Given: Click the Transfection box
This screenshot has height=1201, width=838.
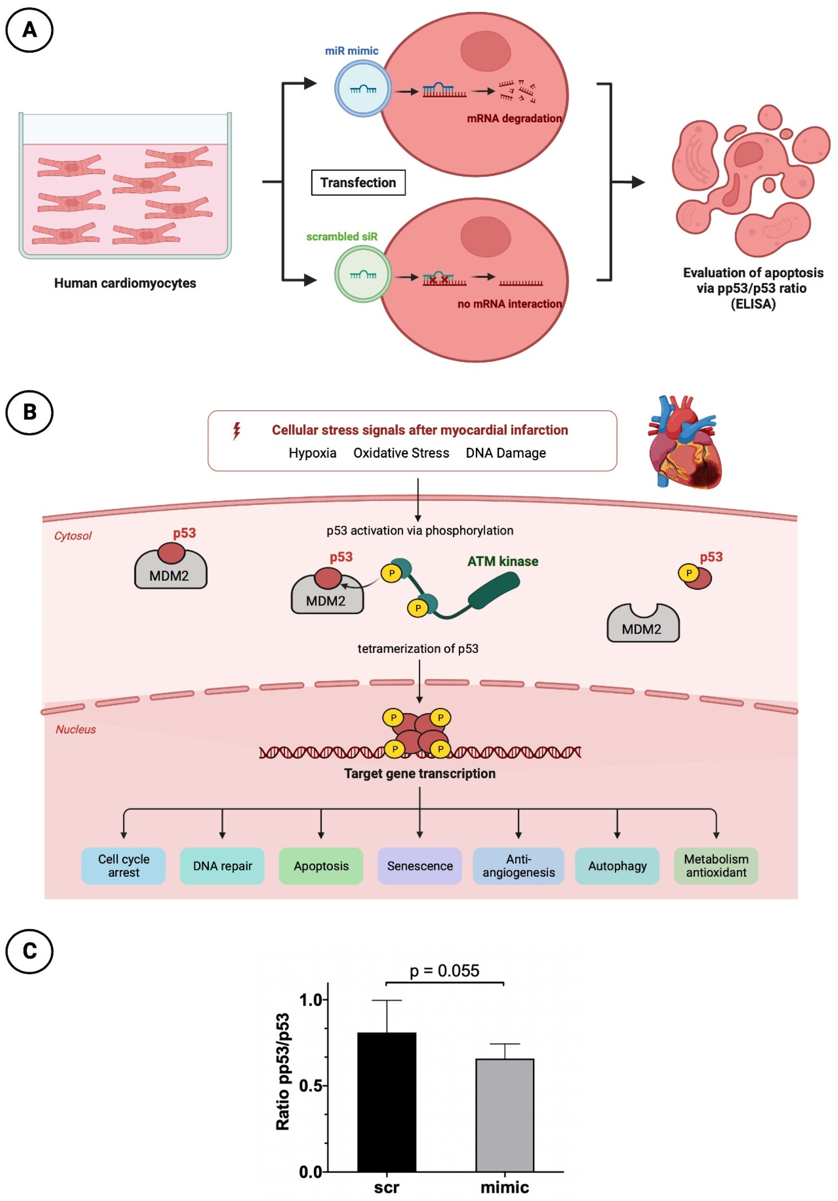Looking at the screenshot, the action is click(x=358, y=183).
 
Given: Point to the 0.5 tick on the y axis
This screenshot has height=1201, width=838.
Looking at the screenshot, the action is click(x=325, y=1085).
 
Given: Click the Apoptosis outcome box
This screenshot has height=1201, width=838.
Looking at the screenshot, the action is click(x=321, y=866).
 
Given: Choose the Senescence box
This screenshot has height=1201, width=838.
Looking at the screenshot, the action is click(x=420, y=866).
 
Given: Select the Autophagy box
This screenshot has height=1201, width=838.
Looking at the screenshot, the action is click(x=617, y=866).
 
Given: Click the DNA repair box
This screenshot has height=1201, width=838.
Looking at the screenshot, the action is click(x=222, y=866).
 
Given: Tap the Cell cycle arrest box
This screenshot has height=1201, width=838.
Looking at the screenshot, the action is click(x=123, y=866).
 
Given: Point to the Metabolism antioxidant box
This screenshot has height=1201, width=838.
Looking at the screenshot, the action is click(x=716, y=866).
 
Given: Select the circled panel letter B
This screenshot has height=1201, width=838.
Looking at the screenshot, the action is click(x=29, y=412).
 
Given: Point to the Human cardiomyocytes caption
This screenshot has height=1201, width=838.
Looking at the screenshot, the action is click(x=125, y=283).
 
